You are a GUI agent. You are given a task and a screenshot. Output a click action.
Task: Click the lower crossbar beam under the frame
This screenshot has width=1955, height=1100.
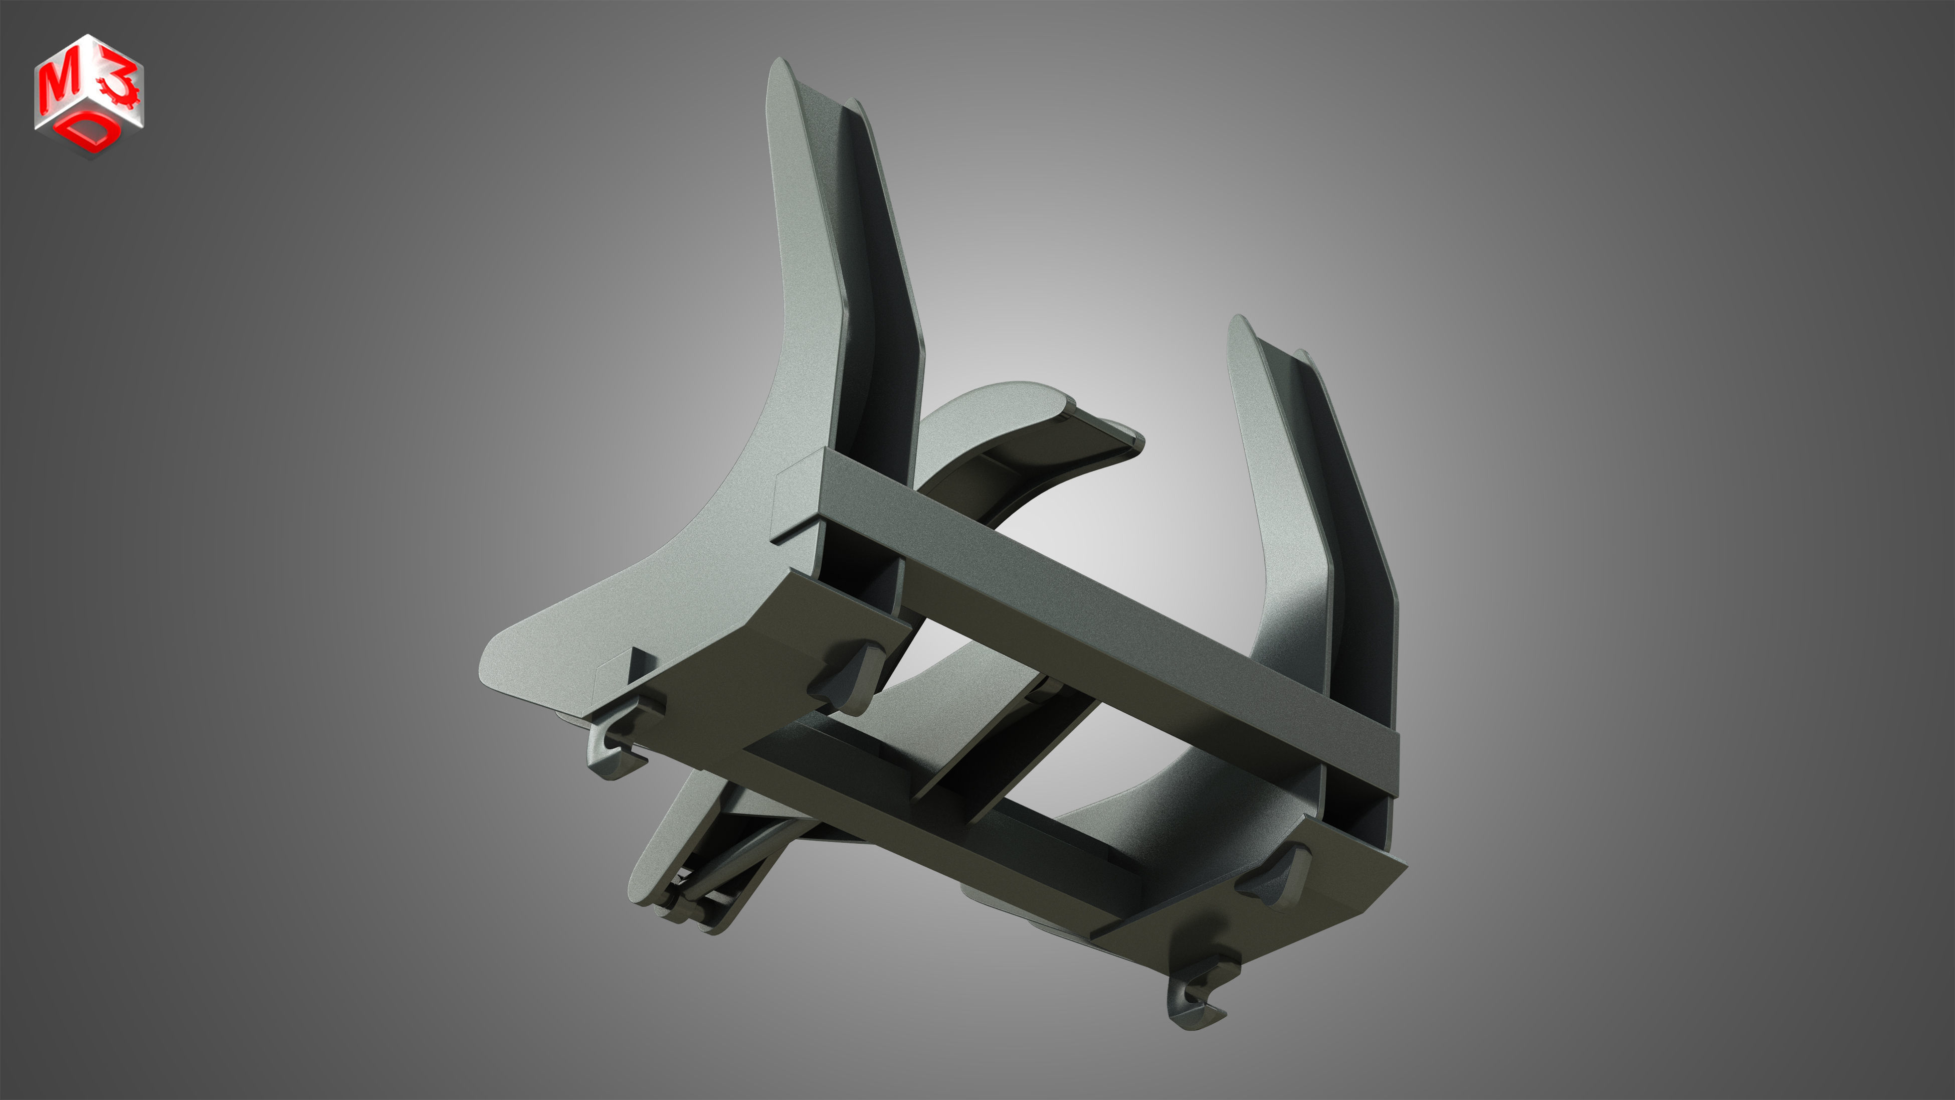tap(948, 820)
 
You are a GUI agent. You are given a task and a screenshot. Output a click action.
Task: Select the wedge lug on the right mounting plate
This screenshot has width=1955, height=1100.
tap(1275, 873)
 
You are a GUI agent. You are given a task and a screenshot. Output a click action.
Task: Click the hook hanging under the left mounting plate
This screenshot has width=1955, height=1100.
tap(611, 751)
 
